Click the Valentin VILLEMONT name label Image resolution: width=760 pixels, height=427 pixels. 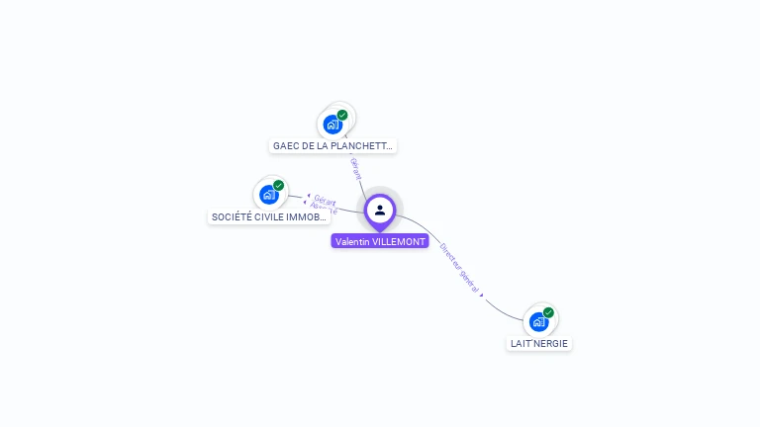tap(380, 241)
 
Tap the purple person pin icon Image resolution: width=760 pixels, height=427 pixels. tap(380, 211)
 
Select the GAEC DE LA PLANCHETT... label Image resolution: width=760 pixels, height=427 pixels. tap(333, 146)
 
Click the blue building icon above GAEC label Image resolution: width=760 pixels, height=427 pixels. tap(332, 126)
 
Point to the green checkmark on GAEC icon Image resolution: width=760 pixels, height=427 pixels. tap(342, 115)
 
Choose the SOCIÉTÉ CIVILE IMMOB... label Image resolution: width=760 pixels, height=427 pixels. tap(269, 216)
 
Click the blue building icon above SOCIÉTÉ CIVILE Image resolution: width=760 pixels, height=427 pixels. tap(268, 195)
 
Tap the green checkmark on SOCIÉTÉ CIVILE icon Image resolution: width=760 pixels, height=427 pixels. tap(278, 185)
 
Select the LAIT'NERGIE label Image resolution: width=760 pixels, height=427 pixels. tap(539, 344)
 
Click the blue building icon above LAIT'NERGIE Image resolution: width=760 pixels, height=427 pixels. tap(538, 321)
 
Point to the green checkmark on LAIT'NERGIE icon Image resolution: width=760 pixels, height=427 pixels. tap(548, 312)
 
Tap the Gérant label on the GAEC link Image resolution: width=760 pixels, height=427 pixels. tap(356, 168)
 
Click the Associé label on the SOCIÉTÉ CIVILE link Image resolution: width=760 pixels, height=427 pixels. tap(324, 209)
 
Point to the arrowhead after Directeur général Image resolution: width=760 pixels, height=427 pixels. tap(483, 295)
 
